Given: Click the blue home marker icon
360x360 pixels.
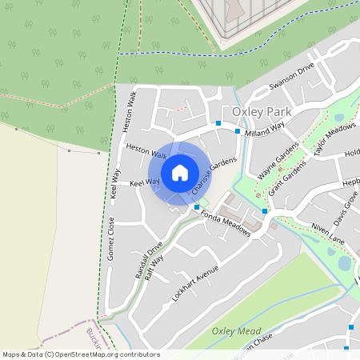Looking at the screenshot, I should point(180,172).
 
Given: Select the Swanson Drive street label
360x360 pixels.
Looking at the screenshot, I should point(292,77).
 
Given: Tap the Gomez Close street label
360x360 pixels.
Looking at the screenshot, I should point(112,238).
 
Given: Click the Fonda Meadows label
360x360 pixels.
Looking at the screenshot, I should point(226,223).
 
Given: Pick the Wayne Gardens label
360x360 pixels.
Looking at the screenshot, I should point(278,160).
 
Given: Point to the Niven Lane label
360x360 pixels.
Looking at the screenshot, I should point(328,231).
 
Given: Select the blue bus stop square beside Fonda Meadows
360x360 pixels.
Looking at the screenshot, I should point(197,208).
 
